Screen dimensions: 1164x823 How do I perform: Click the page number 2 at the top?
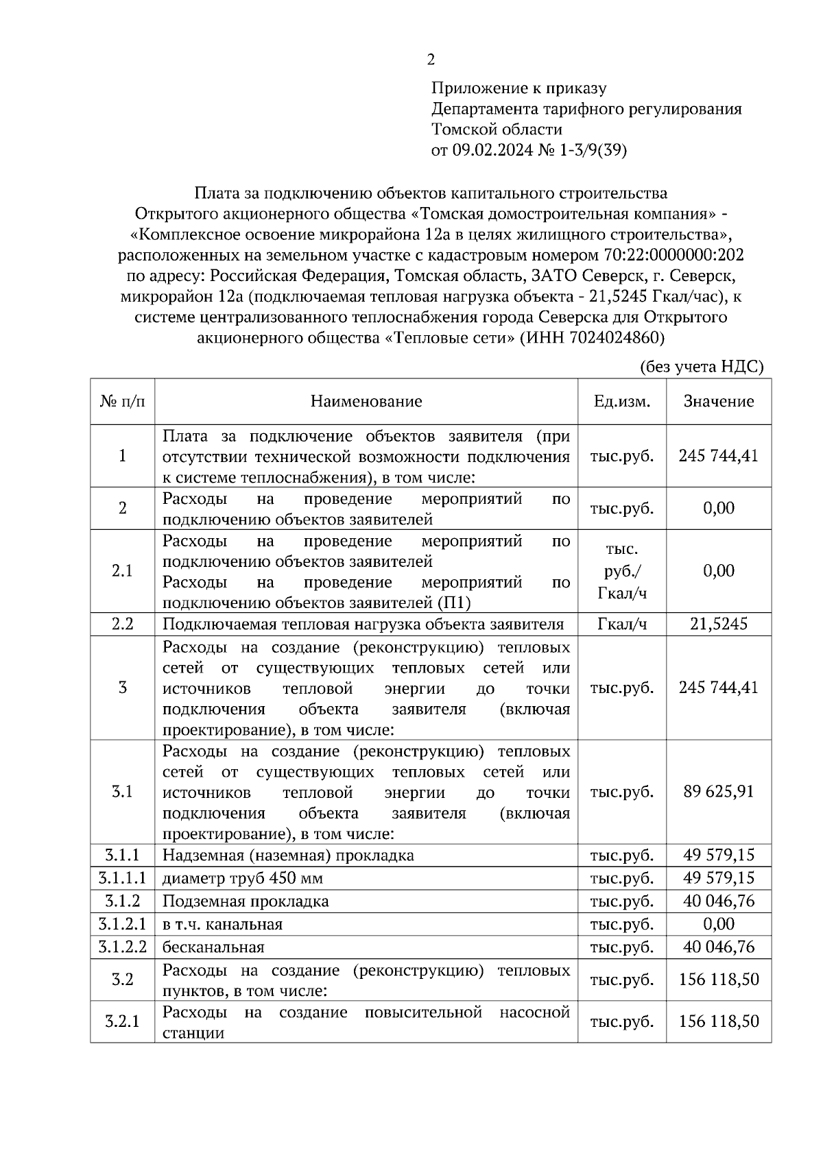pyautogui.click(x=431, y=60)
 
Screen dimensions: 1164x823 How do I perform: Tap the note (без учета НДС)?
pyautogui.click(x=701, y=367)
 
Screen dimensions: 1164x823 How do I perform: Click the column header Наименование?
pyautogui.click(x=366, y=401)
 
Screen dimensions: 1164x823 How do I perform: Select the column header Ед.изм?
pyautogui.click(x=621, y=401)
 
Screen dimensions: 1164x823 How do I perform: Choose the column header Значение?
pyautogui.click(x=718, y=401)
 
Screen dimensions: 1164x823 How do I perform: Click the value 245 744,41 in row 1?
pyautogui.click(x=718, y=456)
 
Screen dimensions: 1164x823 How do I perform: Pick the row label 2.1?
pyautogui.click(x=122, y=571)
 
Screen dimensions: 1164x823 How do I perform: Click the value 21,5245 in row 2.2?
pyautogui.click(x=718, y=624)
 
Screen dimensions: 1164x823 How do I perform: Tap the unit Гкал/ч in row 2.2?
pyautogui.click(x=621, y=624)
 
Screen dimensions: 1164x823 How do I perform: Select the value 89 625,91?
pyautogui.click(x=718, y=792)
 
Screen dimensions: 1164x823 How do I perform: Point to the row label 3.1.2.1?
pyautogui.click(x=122, y=924)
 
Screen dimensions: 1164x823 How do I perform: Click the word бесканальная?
pyautogui.click(x=213, y=947)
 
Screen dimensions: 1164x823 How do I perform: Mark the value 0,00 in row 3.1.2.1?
pyautogui.click(x=718, y=924)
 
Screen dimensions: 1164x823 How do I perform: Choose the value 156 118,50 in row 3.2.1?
pyautogui.click(x=718, y=1021)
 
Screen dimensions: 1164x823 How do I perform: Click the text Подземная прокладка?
pyautogui.click(x=246, y=901)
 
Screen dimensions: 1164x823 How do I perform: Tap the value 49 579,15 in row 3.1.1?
pyautogui.click(x=718, y=855)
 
